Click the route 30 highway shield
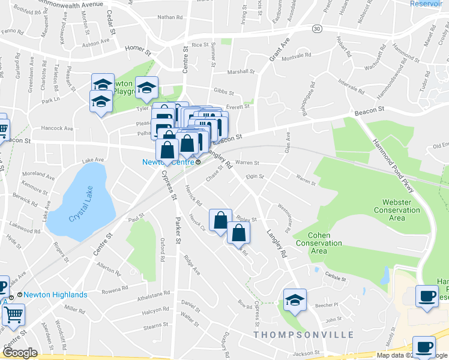[x=316, y=29]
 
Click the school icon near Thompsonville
[x=295, y=301]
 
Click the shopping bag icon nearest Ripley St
[x=221, y=220]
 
